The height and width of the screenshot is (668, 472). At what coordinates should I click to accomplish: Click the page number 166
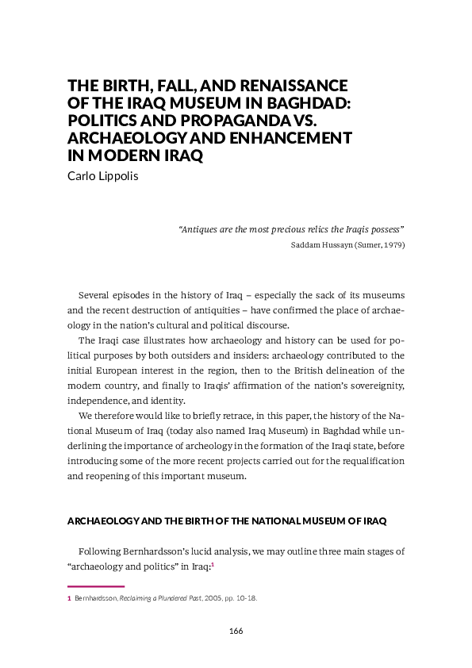pyautogui.click(x=235, y=631)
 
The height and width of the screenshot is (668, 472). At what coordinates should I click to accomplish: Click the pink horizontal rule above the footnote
pyautogui.click(x=96, y=587)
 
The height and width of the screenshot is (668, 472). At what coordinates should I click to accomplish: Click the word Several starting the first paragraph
pyautogui.click(x=95, y=294)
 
